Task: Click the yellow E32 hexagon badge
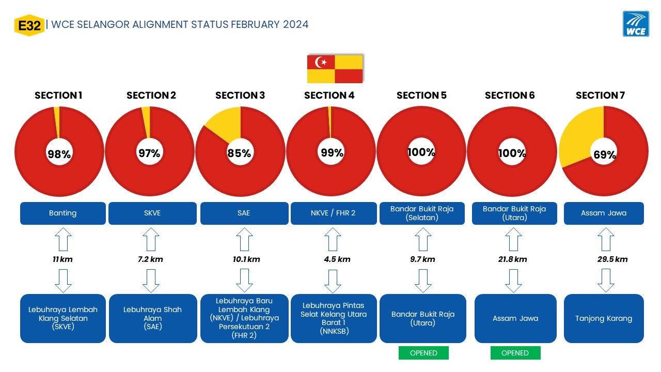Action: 29,25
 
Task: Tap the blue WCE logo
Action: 636,24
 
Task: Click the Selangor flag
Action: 335,69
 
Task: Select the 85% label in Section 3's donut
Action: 239,153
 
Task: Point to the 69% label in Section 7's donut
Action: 605,154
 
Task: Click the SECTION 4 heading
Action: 329,95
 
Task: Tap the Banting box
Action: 63,213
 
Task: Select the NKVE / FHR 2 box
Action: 334,213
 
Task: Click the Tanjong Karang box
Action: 604,318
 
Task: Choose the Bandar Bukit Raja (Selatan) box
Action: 422,213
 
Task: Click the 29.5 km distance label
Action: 612,259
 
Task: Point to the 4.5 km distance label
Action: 337,259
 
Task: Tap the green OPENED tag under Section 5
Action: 423,353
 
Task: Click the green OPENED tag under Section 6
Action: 515,353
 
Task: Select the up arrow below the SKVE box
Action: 151,239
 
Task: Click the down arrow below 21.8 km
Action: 513,281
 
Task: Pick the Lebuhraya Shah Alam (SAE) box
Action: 153,318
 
